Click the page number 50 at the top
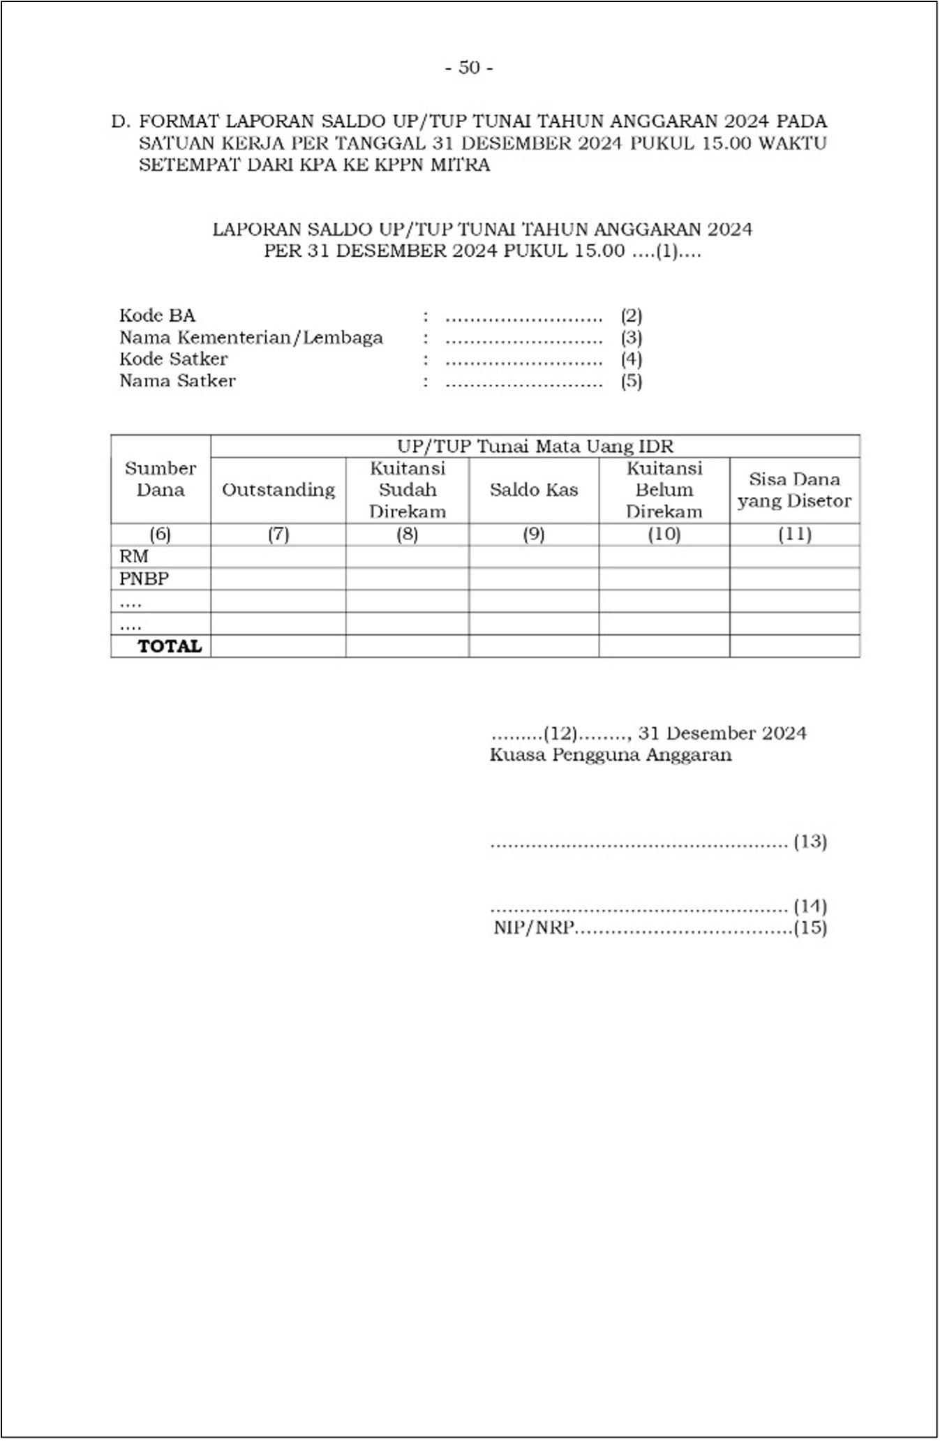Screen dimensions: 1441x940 tap(469, 68)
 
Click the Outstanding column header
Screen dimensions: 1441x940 tap(278, 490)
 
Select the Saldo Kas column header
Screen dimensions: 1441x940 tap(534, 490)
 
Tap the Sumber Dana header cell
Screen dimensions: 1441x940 tap(161, 479)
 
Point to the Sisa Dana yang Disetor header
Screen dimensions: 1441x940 tap(794, 490)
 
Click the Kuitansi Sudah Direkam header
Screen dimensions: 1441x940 tap(408, 490)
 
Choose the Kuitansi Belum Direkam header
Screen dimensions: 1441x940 tap(664, 490)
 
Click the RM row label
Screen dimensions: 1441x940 tap(134, 557)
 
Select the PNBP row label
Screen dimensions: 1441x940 tap(144, 579)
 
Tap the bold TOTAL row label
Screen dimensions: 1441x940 tap(170, 646)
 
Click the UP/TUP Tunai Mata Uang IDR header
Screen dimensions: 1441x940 tap(535, 447)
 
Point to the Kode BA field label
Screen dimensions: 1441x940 tap(157, 315)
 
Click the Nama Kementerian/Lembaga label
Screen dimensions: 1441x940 tap(251, 338)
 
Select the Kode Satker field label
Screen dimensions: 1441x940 tap(173, 359)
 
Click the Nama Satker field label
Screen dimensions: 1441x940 tap(177, 381)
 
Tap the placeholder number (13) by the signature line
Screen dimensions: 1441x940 tap(810, 842)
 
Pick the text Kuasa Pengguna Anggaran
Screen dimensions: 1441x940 tap(611, 755)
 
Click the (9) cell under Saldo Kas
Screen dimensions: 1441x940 tap(534, 535)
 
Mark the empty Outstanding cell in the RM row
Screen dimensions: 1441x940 tap(278, 557)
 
